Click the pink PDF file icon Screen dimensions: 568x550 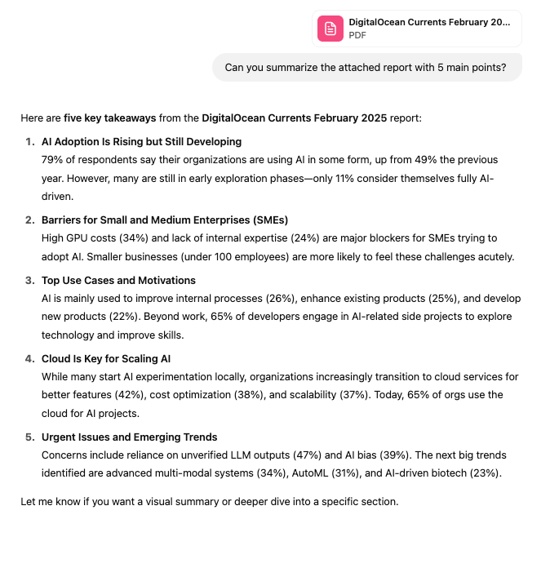(330, 29)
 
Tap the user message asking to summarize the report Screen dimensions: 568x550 (366, 68)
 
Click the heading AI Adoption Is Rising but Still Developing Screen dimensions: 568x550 (141, 141)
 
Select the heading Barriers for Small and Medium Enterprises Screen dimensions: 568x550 (164, 220)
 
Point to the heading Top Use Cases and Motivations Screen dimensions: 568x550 (118, 280)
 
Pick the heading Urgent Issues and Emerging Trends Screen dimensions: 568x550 (129, 437)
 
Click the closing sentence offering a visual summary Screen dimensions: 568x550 (209, 500)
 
